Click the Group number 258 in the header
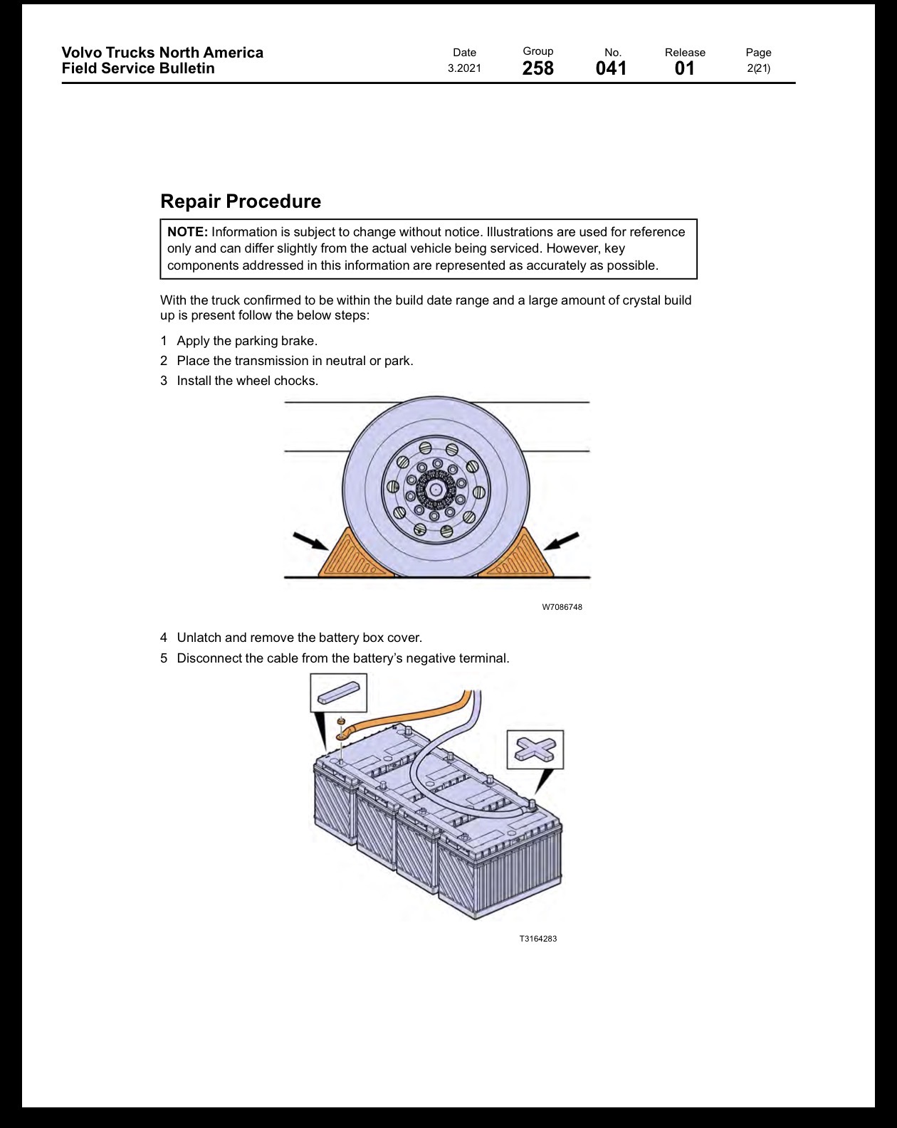tap(538, 68)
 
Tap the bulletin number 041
tap(612, 68)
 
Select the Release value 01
tap(685, 68)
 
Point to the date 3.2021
tap(464, 68)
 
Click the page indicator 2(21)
tap(759, 68)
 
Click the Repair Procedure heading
tap(241, 201)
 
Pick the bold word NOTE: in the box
tap(188, 232)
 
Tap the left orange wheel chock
tap(355, 555)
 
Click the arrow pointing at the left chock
tap(311, 542)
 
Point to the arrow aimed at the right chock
tap(561, 541)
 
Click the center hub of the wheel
tap(435, 490)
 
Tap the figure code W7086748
tap(562, 607)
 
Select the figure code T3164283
tap(538, 938)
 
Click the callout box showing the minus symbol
tap(339, 692)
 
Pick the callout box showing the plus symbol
tap(535, 749)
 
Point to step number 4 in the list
tap(164, 638)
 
